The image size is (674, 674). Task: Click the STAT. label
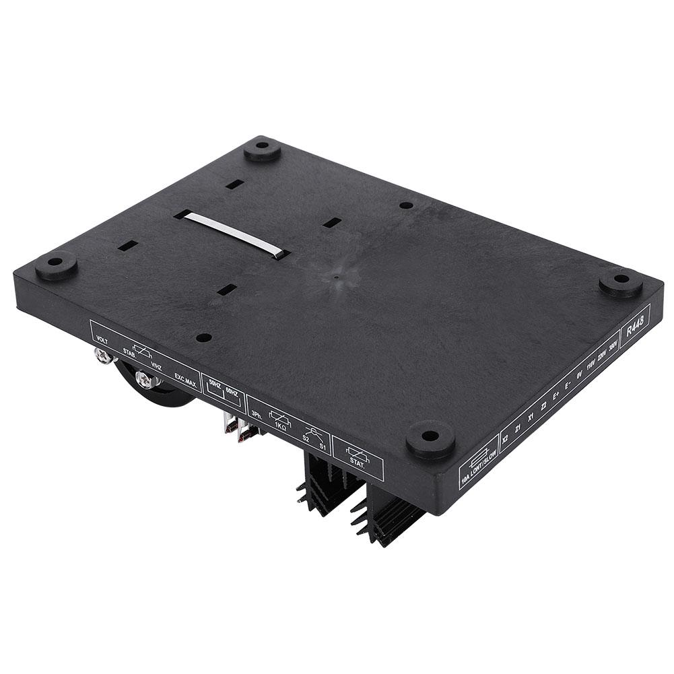tap(356, 462)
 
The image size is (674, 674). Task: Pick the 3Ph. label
tap(255, 413)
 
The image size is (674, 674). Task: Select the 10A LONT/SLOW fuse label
tap(479, 460)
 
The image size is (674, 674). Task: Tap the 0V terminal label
tap(579, 377)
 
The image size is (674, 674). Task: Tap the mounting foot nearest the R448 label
tap(620, 281)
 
